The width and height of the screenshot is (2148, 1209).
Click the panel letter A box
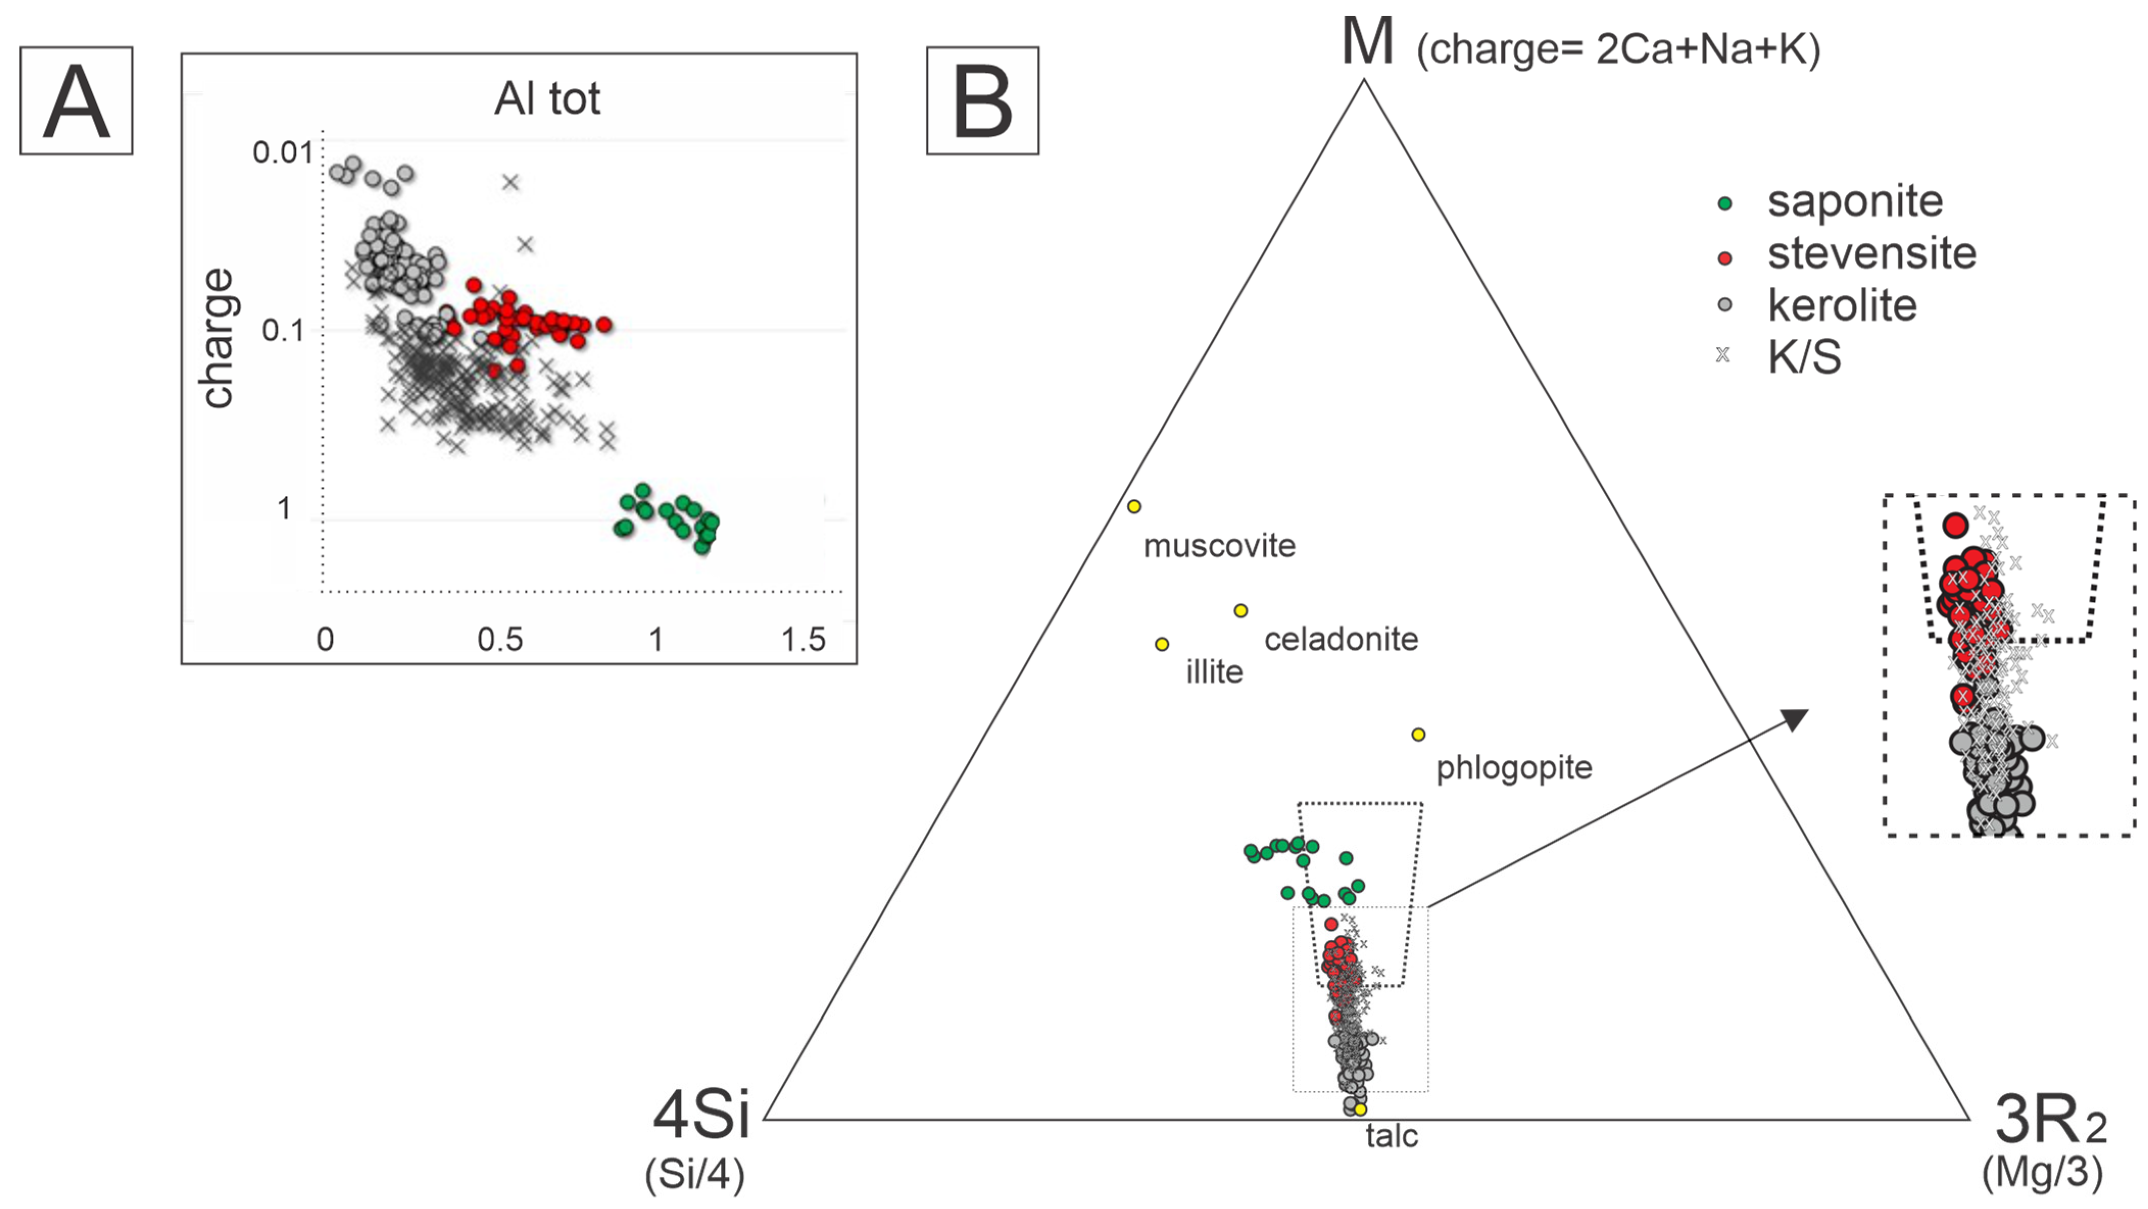click(76, 101)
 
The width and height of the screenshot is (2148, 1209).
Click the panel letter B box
click(982, 101)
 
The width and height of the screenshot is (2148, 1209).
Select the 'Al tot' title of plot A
click(547, 98)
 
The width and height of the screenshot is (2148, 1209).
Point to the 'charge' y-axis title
click(217, 338)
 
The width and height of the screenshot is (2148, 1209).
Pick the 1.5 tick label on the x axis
click(803, 639)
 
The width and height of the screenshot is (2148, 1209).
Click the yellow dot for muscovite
click(1134, 506)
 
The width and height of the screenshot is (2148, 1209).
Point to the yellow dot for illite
click(1162, 644)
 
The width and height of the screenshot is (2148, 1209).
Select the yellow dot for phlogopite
click(1419, 734)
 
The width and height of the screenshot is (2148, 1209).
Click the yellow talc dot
click(1360, 1109)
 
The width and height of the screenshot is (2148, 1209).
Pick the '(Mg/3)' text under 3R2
click(2042, 1172)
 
